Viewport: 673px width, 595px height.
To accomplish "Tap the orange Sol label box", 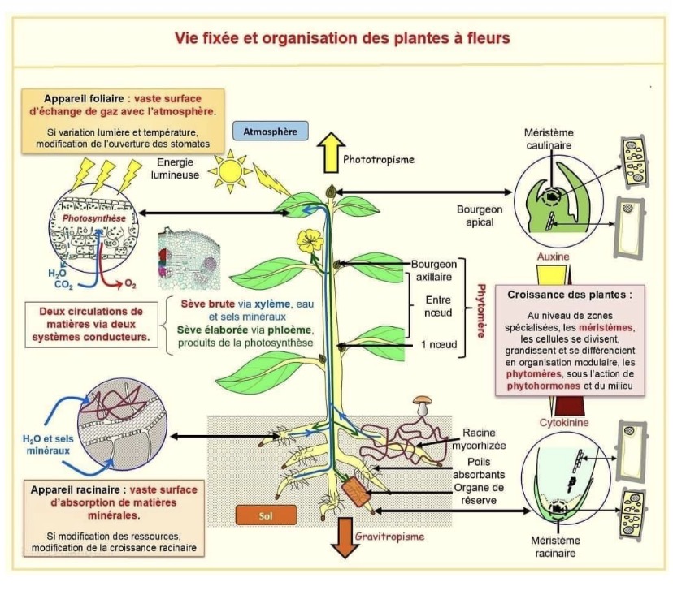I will point(266,515).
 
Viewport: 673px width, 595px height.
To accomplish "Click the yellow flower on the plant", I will point(310,239).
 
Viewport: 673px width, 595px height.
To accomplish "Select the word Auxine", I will point(553,257).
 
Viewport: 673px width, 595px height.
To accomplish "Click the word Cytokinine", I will point(564,423).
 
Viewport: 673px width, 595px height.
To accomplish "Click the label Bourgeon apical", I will point(480,215).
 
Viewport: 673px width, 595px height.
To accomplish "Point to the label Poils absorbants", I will point(479,468).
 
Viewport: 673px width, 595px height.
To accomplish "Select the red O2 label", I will point(130,284).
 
